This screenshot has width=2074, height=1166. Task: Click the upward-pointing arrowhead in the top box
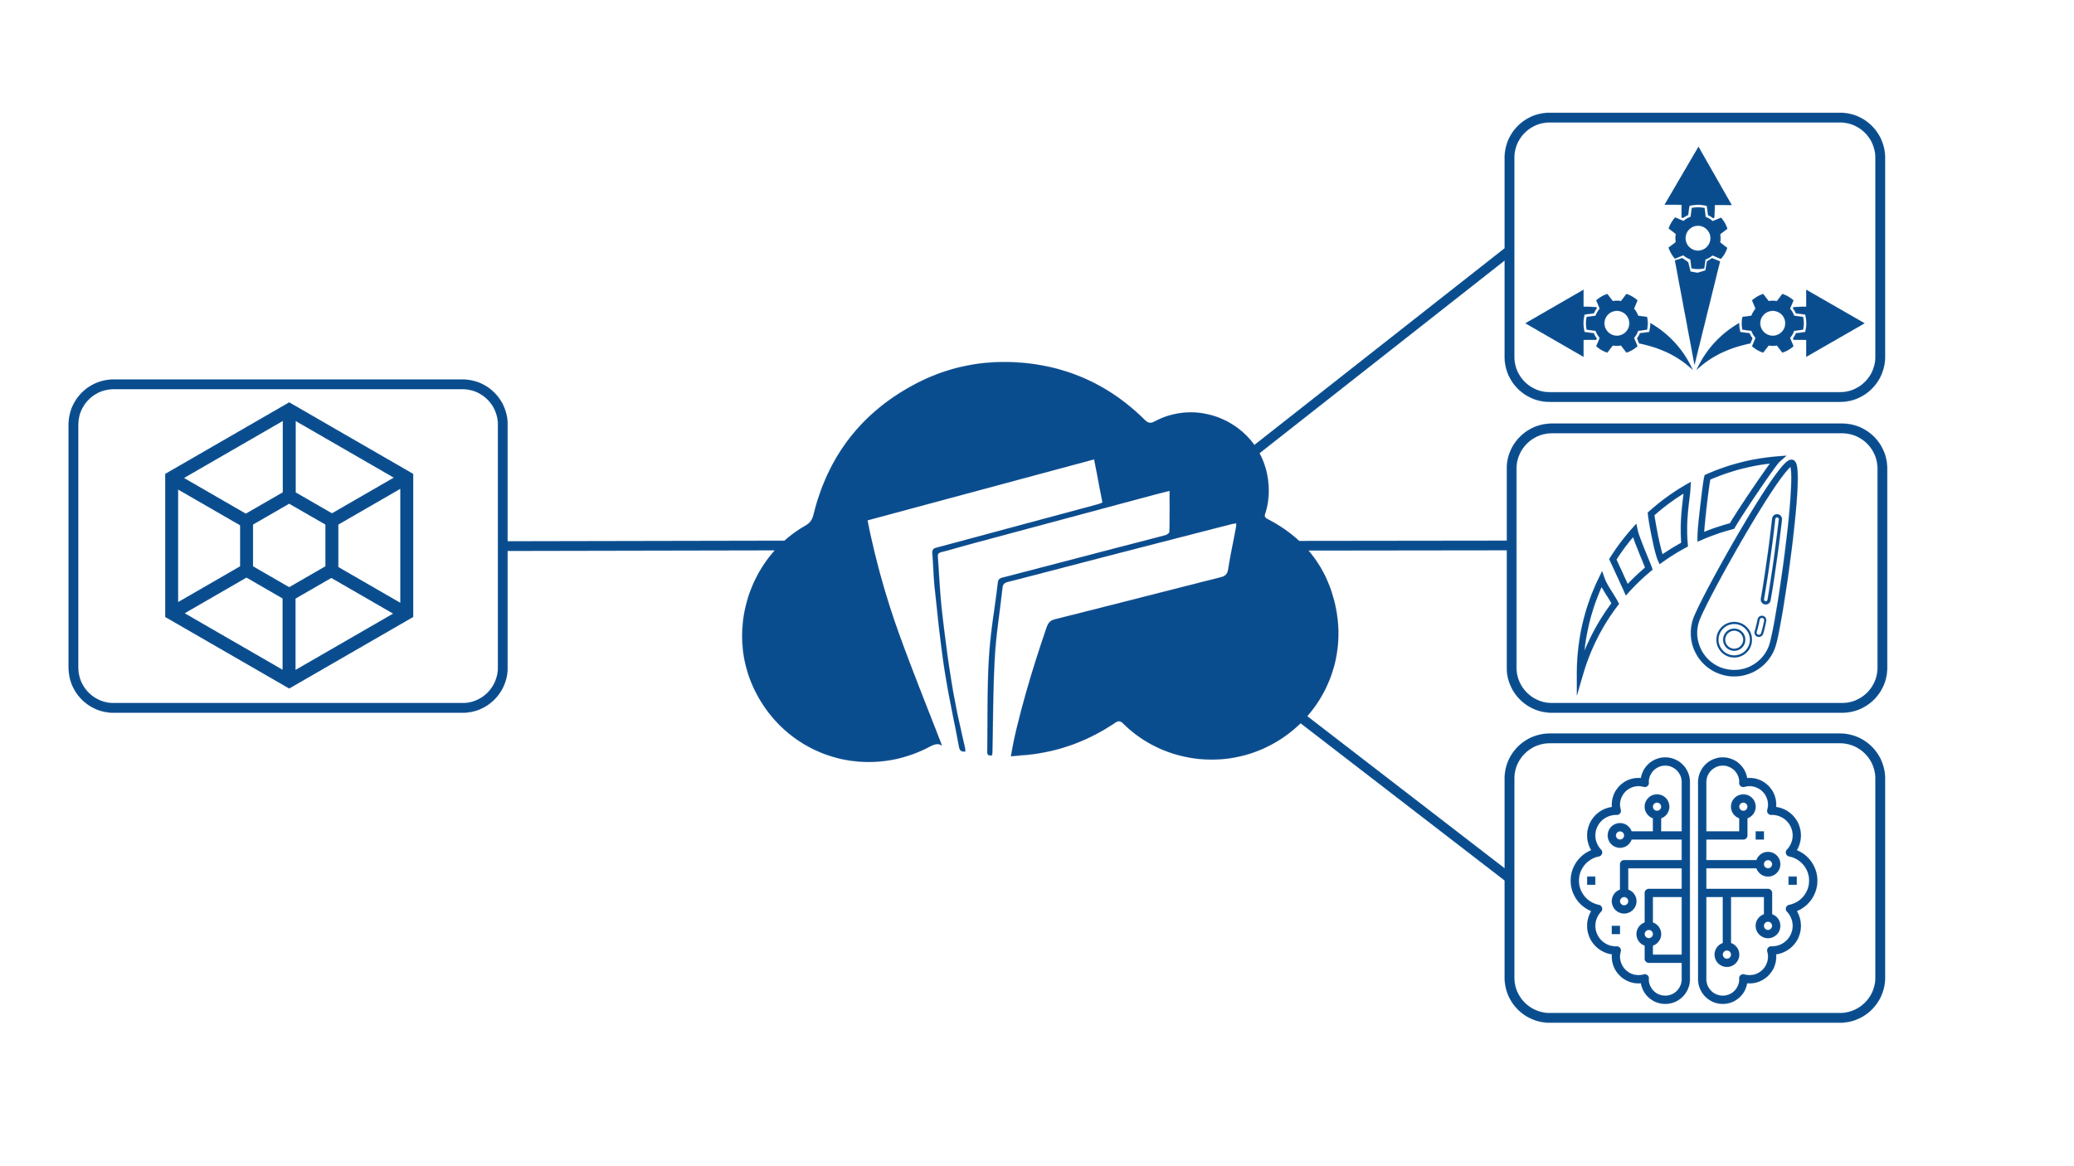(1697, 181)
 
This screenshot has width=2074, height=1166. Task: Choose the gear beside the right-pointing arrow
(1772, 323)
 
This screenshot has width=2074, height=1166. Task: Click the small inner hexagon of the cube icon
(290, 545)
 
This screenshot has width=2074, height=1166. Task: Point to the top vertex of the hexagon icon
(290, 408)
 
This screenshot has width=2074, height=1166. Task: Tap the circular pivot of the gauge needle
(1733, 639)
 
